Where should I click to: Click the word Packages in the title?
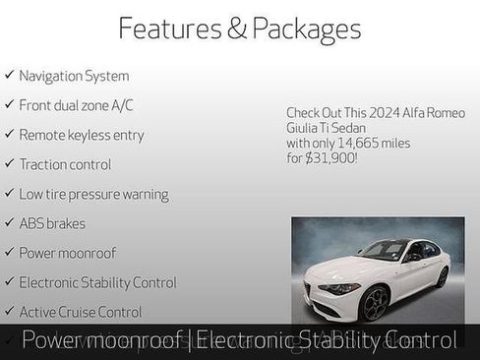click(306, 29)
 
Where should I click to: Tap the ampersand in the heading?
click(237, 29)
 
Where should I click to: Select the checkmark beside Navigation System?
click(9, 75)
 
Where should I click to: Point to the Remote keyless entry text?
click(81, 135)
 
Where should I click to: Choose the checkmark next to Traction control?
click(9, 164)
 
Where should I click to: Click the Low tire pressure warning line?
click(93, 194)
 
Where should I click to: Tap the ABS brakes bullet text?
click(52, 223)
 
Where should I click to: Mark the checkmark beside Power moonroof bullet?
click(9, 253)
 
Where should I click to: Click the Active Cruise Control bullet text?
click(81, 312)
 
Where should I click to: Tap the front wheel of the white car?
click(374, 302)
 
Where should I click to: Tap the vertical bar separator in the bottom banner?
click(190, 340)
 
